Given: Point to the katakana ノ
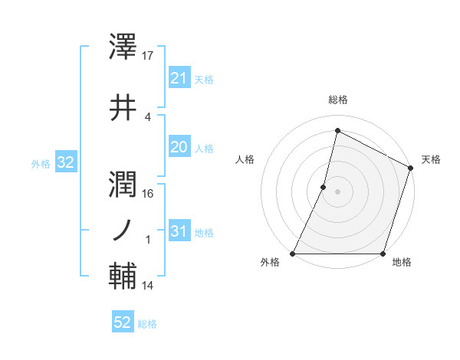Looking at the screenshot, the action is pyautogui.click(x=123, y=229).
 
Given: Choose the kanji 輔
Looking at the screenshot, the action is pyautogui.click(x=124, y=277).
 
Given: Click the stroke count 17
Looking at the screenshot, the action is pyautogui.click(x=148, y=56).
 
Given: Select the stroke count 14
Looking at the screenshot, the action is pyautogui.click(x=148, y=286).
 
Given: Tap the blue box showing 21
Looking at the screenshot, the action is pyautogui.click(x=179, y=78).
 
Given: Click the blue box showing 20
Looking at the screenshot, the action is pyautogui.click(x=179, y=147).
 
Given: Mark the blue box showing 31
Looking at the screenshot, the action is pyautogui.click(x=179, y=231).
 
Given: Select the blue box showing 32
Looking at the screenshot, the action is pyautogui.click(x=64, y=162).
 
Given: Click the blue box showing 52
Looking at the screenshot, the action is pyautogui.click(x=123, y=322).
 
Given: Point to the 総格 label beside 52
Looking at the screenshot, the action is pyautogui.click(x=147, y=324).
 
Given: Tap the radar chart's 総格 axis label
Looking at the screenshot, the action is pyautogui.click(x=337, y=100).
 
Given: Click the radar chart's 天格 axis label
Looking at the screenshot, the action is pyautogui.click(x=431, y=159).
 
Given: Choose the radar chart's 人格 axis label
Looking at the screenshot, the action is pyautogui.click(x=245, y=159).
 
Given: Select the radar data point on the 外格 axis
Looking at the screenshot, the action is pyautogui.click(x=293, y=254).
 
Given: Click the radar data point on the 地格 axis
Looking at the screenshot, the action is pyautogui.click(x=383, y=254).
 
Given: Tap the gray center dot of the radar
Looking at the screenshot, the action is pyautogui.click(x=337, y=191).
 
